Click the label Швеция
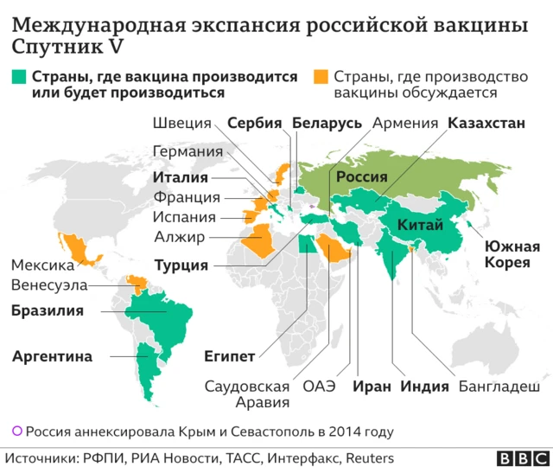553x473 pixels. point(180,124)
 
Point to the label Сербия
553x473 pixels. point(255,124)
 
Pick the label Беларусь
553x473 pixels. point(327,124)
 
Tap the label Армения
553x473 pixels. point(404,124)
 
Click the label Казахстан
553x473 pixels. point(486,124)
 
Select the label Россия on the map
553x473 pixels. point(361,176)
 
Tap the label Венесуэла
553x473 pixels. point(49,285)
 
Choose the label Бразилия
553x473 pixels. point(47,310)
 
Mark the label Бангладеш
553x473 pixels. point(499,387)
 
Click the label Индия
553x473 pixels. point(424,387)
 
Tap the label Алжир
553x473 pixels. point(179,236)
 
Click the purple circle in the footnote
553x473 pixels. point(16,430)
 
